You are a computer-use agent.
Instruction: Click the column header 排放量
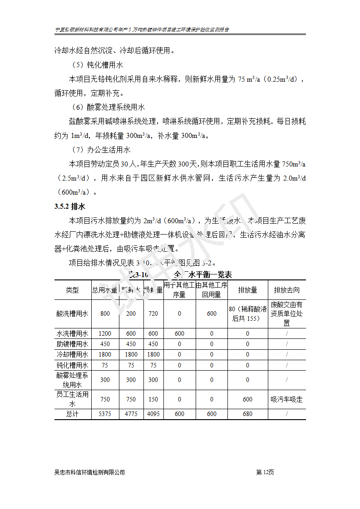247,290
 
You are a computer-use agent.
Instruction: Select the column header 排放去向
286,290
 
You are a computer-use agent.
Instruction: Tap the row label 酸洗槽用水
72,313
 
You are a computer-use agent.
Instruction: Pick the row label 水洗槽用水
72,333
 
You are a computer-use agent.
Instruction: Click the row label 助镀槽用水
72,344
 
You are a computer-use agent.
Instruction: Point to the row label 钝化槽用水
72,365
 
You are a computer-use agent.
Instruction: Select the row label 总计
72,414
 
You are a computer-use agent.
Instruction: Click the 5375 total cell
105,414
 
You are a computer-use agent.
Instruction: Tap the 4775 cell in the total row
131,414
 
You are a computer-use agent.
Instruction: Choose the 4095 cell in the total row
153,414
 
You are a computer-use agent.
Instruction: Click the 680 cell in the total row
247,414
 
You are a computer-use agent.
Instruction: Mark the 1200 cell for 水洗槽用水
105,333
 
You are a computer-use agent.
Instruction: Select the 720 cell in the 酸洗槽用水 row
153,313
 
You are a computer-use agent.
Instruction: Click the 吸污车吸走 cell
286,399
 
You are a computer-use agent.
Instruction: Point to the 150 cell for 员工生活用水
153,399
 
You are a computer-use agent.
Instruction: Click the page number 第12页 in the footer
265,472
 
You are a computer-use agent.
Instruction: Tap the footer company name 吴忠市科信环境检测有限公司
89,472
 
